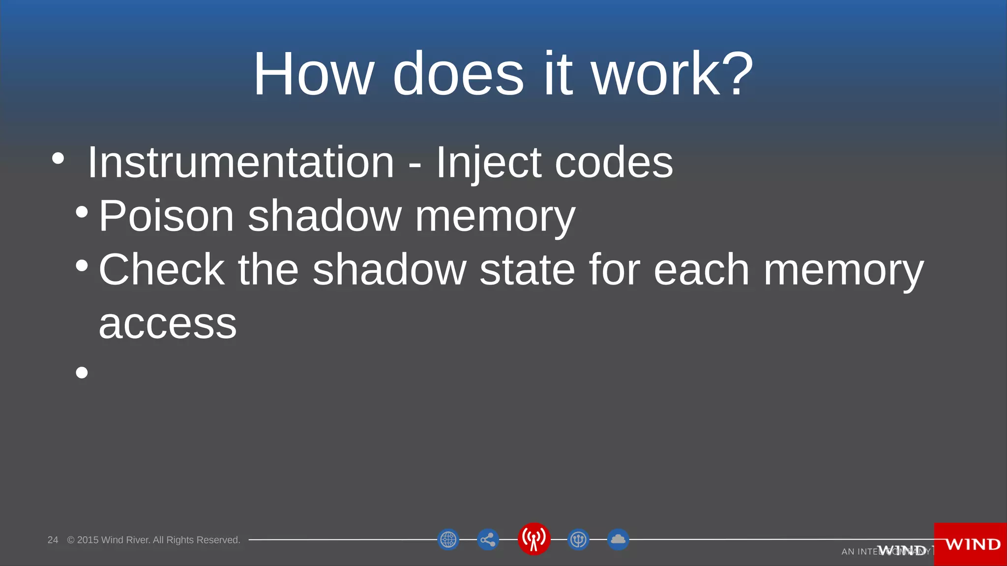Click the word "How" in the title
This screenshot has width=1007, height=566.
pos(313,74)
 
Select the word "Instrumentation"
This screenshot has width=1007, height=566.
pos(240,163)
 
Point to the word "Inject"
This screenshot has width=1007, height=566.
pos(488,163)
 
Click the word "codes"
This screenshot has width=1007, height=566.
pos(614,163)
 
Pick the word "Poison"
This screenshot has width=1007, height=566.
pos(166,216)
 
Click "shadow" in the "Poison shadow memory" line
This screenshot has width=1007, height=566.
pos(325,216)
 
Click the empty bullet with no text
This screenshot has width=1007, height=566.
pos(82,372)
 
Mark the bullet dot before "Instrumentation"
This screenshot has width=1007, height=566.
pos(58,158)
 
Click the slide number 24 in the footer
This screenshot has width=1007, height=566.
pos(53,540)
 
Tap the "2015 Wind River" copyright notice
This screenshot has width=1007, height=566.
pos(153,540)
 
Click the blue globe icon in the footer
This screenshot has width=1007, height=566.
pos(448,539)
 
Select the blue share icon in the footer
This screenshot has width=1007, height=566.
pos(488,539)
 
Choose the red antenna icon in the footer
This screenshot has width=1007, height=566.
pos(534,538)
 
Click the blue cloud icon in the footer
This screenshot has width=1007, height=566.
pos(618,539)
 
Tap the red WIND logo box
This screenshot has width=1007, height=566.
pos(971,544)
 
